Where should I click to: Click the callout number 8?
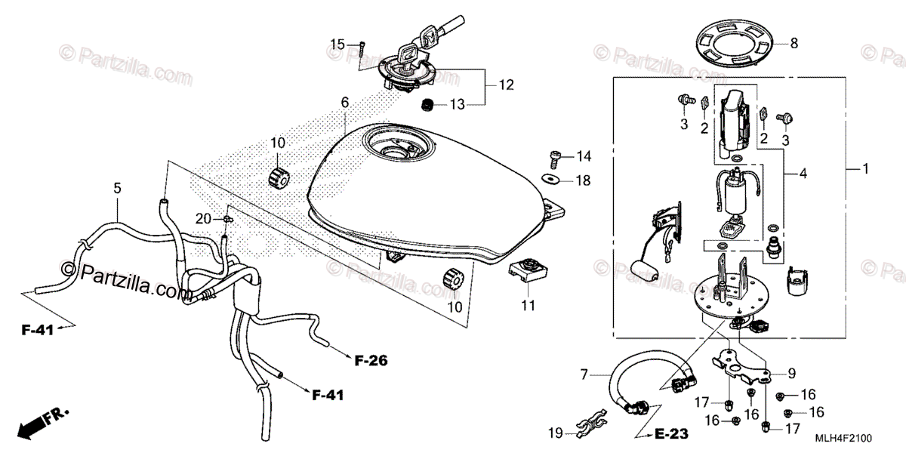[794, 43]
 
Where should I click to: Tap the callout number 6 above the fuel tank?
[344, 102]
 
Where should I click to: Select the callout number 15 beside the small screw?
[337, 45]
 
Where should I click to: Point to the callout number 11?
[527, 306]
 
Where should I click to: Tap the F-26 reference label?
[371, 361]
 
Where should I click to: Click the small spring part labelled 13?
[427, 105]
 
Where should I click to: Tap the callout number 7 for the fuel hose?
[584, 374]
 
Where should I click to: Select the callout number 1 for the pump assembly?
[866, 169]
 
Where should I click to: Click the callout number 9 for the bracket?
[791, 372]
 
